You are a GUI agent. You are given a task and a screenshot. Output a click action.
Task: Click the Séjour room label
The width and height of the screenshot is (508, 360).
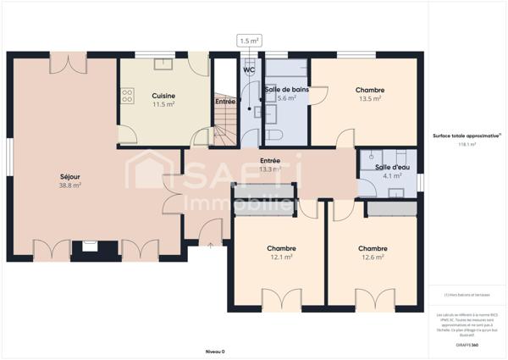click(69, 176)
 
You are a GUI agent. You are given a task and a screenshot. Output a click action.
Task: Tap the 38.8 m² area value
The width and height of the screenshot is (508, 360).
click(69, 185)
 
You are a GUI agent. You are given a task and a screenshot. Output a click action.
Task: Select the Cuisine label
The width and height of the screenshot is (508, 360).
click(163, 96)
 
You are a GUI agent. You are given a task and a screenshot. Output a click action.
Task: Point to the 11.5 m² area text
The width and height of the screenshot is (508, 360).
click(163, 104)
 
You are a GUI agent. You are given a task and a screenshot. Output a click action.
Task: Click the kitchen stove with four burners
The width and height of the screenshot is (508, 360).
click(128, 96)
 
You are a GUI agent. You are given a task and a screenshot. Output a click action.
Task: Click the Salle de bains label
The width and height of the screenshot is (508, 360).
click(286, 89)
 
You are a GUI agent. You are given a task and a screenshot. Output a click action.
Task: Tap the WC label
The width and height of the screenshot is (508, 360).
click(250, 70)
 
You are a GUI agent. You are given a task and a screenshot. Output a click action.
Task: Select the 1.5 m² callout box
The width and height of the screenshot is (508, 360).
click(250, 41)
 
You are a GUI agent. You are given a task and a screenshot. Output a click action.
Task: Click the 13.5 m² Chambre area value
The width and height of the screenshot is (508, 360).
click(371, 98)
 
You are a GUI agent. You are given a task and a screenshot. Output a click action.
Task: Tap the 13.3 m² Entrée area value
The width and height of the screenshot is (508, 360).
click(270, 169)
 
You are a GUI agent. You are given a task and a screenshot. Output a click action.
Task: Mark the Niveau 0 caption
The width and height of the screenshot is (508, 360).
click(216, 351)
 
